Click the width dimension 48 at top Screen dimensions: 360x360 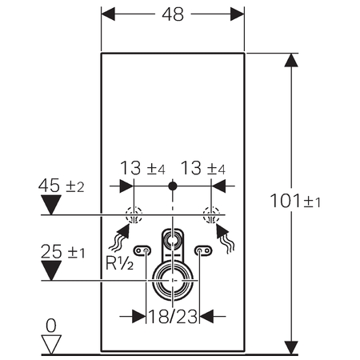(x=173, y=14)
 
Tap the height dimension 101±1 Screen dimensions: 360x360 (x=295, y=201)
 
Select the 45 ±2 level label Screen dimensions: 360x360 (x=61, y=186)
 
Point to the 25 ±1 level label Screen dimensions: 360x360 (x=62, y=251)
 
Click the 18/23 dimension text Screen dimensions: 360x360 (x=173, y=317)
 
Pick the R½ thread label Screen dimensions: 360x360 (x=119, y=263)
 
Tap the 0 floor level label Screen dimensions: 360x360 (x=51, y=326)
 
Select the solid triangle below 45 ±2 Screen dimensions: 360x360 (x=51, y=205)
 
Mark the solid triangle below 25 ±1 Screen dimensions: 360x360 (x=51, y=270)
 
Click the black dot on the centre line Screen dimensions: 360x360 (x=173, y=186)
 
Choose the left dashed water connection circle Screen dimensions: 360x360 (x=134, y=214)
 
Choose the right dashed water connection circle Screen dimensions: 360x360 (x=211, y=214)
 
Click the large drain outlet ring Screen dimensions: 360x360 (x=173, y=264)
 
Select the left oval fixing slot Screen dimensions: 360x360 (x=142, y=250)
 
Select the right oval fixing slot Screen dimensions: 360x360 (x=203, y=250)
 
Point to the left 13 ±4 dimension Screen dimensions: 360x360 (x=142, y=168)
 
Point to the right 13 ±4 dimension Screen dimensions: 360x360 (x=203, y=168)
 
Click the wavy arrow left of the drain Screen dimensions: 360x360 (x=120, y=238)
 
